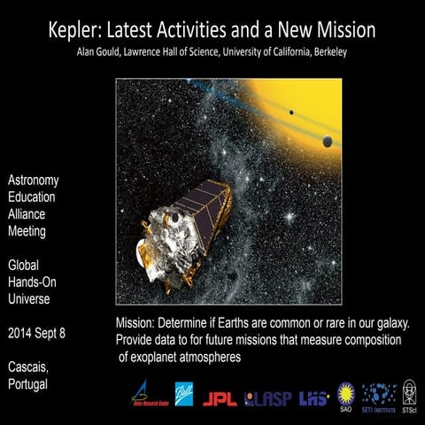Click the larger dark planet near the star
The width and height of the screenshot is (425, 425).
click(328, 142)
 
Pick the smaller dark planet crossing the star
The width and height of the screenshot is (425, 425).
click(291, 112)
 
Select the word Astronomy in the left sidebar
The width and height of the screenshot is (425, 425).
click(33, 181)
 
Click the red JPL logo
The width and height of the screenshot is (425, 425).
click(220, 399)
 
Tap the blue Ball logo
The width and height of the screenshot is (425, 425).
click(183, 394)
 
